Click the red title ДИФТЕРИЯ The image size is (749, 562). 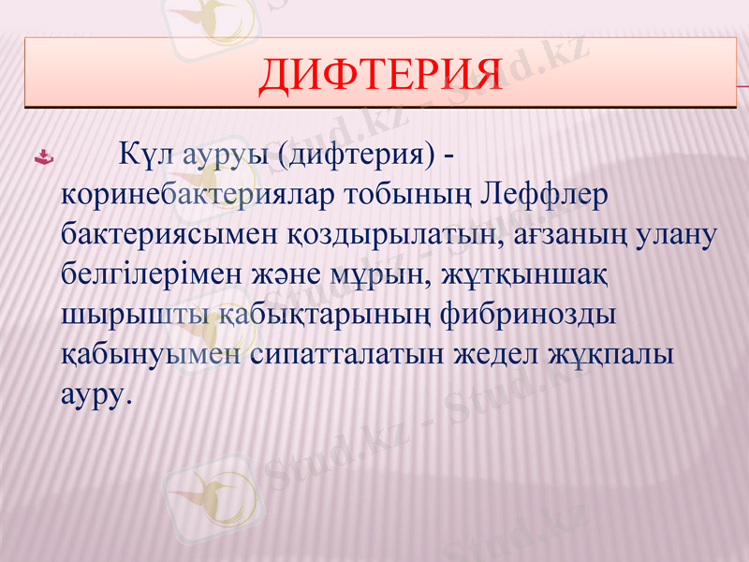point(379,76)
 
